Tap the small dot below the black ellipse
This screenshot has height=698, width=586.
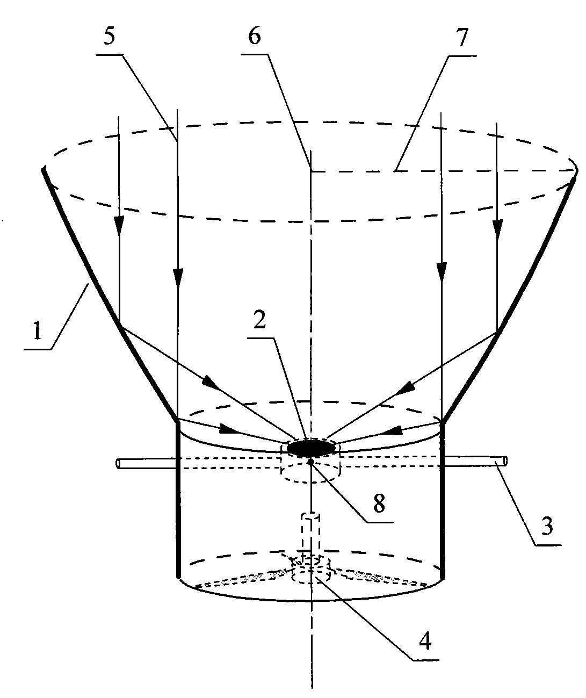click(x=310, y=461)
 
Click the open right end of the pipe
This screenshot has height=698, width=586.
click(x=504, y=460)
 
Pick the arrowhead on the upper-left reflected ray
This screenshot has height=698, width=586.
click(x=212, y=385)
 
